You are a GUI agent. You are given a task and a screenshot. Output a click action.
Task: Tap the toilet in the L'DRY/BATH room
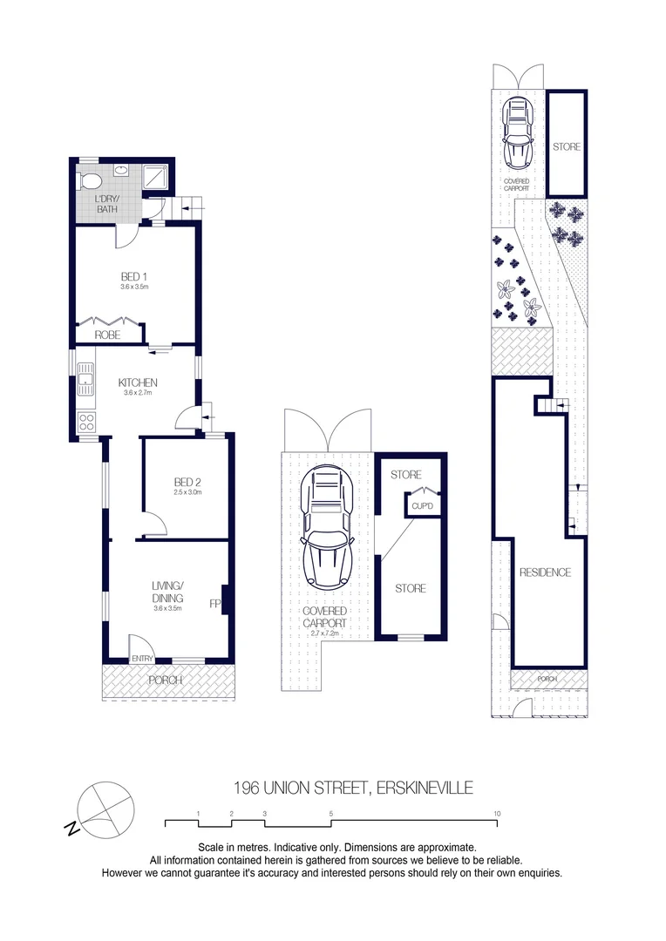tap(88, 180)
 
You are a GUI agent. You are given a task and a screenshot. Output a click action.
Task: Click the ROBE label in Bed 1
tap(107, 335)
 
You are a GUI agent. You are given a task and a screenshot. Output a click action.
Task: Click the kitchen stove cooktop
tap(87, 423)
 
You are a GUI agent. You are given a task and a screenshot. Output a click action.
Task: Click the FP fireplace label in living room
tap(214, 603)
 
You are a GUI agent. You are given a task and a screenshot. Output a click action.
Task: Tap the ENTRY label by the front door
tap(141, 659)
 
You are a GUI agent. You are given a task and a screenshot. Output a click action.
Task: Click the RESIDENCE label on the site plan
tap(545, 572)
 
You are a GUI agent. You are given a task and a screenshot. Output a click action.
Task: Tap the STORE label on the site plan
tap(566, 147)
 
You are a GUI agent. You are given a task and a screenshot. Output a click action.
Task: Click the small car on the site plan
tap(518, 133)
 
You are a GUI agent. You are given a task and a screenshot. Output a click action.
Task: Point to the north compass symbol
tap(103, 808)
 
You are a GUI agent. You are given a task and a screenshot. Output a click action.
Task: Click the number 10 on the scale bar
tap(497, 814)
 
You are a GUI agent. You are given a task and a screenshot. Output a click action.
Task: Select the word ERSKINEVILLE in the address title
tap(425, 789)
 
